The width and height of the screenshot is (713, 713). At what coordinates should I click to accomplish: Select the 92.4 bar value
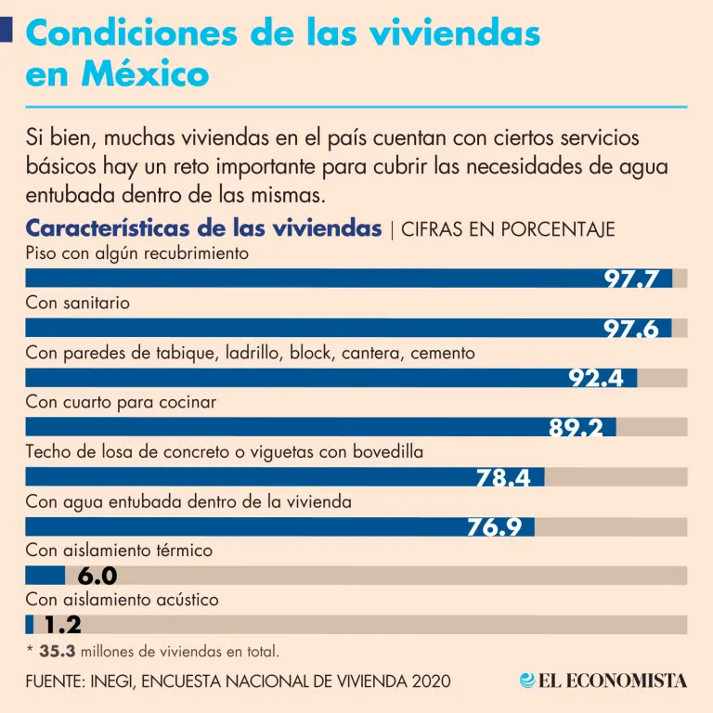tap(596, 379)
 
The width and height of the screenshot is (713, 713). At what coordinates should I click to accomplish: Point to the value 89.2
tap(576, 428)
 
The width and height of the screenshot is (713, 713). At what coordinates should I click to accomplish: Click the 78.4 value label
tap(503, 478)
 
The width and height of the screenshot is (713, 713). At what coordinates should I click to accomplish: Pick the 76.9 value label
tap(494, 527)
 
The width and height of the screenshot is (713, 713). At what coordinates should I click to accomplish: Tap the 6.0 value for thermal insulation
tap(97, 577)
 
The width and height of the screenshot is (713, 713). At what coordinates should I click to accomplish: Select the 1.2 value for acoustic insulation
tap(63, 626)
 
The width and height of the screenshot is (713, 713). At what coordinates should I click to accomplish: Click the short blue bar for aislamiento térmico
tap(45, 576)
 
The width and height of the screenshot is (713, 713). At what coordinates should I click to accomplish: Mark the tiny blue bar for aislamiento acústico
tap(29, 625)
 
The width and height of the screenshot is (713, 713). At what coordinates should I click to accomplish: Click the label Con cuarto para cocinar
tap(121, 403)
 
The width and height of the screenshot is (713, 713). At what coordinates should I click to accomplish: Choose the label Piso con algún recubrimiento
tap(136, 253)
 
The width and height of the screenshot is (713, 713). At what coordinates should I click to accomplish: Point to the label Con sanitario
tap(78, 304)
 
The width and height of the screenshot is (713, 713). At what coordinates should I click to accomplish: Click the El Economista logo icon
tap(528, 681)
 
